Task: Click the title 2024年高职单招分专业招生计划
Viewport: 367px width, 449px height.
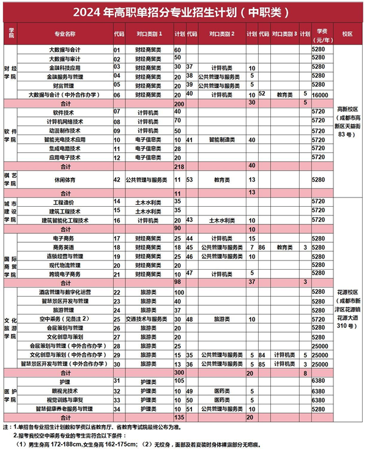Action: (183, 12)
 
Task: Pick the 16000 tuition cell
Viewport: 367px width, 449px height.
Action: (323, 95)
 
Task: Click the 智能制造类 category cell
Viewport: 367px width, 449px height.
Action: (221, 139)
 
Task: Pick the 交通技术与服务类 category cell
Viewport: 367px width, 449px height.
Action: (147, 319)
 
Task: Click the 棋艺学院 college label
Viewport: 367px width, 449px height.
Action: (9, 180)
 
